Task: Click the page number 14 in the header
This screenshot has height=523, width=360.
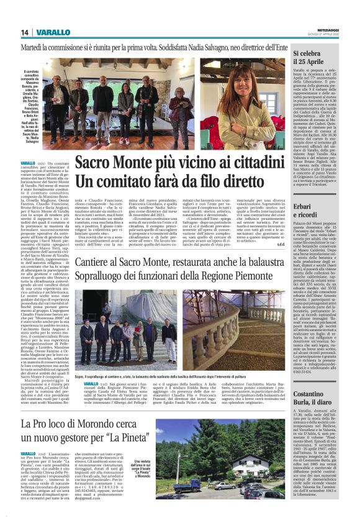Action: [25, 32]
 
